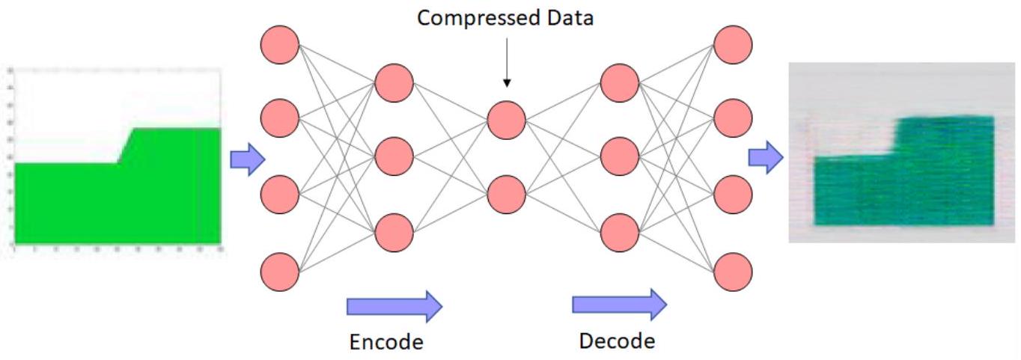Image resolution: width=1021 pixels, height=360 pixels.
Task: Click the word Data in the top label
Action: pos(567,18)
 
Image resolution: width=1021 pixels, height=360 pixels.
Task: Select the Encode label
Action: pos(385,342)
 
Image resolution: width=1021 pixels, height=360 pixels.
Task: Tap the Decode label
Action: pos(617,341)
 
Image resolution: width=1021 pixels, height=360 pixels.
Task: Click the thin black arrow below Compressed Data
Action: pos(506,63)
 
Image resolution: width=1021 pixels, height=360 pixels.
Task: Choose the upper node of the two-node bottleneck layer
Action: pos(506,118)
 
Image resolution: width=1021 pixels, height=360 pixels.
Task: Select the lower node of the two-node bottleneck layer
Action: pos(506,194)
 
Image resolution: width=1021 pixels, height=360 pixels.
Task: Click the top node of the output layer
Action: pos(733,45)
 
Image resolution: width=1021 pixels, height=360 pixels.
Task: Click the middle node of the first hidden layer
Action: pos(394,157)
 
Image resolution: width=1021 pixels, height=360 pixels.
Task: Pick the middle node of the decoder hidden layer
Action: pos(619,157)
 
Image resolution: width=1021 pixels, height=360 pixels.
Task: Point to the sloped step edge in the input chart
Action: pos(126,145)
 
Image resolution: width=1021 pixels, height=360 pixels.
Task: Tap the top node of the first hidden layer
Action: pos(394,83)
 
